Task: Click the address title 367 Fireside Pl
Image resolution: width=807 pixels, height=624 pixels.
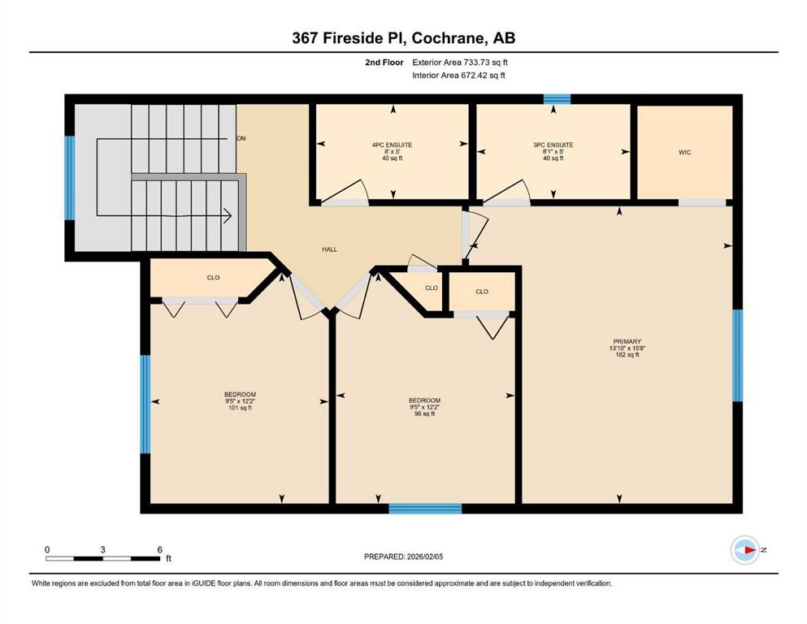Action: (403, 37)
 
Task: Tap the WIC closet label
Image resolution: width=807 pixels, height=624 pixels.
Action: (684, 153)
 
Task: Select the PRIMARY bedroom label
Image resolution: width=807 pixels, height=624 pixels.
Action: (627, 341)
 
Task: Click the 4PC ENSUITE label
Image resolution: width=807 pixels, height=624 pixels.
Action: (392, 145)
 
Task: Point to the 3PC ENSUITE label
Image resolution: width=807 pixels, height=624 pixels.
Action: (552, 145)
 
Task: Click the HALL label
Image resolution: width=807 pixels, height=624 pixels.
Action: (329, 249)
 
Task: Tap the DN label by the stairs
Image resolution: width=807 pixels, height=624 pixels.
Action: (241, 139)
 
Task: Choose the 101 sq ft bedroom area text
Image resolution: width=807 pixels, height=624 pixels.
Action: (240, 408)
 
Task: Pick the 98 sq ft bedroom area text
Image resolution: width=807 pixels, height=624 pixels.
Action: (424, 414)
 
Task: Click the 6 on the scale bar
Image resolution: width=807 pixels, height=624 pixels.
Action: (159, 548)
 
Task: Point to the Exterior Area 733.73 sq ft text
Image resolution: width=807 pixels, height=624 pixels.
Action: (461, 62)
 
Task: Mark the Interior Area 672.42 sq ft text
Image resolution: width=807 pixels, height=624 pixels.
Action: (461, 76)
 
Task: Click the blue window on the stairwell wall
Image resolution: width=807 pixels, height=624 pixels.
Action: (70, 178)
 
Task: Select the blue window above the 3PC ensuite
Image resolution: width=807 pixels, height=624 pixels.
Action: (557, 99)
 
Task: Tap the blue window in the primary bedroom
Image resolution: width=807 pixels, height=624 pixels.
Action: (737, 356)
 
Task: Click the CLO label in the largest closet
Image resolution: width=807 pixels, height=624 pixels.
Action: (213, 277)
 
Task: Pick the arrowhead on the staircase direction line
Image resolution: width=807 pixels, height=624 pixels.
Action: (228, 215)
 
